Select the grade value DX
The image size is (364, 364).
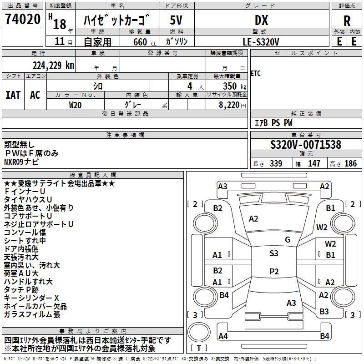pyautogui.click(x=261, y=20)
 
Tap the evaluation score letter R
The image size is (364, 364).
pyautogui.click(x=347, y=20)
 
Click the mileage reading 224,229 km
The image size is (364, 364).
pyautogui.click(x=53, y=66)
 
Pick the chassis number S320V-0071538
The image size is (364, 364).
pyautogui.click(x=305, y=145)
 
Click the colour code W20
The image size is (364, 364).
pyautogui.click(x=75, y=105)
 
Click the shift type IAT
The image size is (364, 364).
pyautogui.click(x=13, y=95)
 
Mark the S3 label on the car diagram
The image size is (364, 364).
pyautogui.click(x=273, y=253)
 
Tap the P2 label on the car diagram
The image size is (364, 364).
pyautogui.click(x=273, y=272)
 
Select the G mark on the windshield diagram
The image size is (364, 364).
pyautogui.click(x=288, y=240)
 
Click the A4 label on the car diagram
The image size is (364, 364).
pyautogui.click(x=223, y=336)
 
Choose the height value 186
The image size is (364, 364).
pyautogui.click(x=350, y=163)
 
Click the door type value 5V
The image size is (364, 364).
pyautogui.click(x=176, y=20)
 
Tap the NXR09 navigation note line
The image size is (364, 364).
pyautogui.click(x=21, y=162)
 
